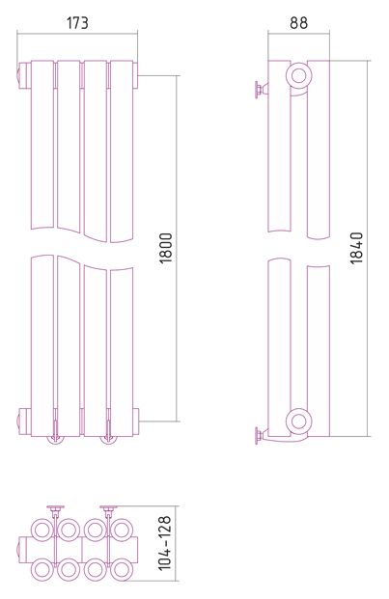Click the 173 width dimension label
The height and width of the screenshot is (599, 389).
click(x=77, y=23)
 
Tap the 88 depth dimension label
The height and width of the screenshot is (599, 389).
click(x=298, y=23)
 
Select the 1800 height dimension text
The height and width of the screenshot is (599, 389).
click(x=166, y=248)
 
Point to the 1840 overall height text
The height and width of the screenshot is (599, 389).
click(x=356, y=248)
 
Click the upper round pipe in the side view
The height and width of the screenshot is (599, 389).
click(x=299, y=75)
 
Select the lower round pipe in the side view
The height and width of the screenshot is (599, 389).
click(x=299, y=421)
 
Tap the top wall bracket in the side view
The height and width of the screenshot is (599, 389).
click(x=261, y=90)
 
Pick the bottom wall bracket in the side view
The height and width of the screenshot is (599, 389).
click(x=261, y=435)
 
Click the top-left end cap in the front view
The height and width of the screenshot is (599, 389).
click(x=24, y=75)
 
